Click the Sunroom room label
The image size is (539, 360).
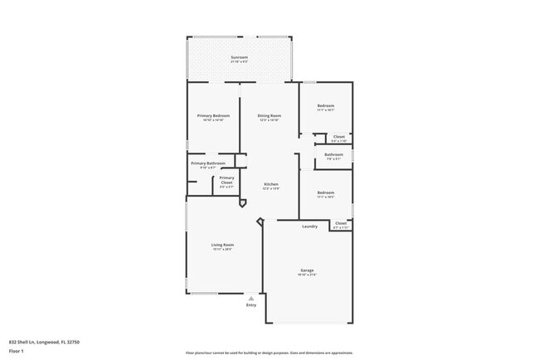239,56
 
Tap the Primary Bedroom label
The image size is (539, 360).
213,115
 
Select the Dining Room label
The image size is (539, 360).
269,115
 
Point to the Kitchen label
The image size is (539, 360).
270,184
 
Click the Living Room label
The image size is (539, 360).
222,245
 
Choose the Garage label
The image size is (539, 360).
307,270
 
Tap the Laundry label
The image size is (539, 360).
310,226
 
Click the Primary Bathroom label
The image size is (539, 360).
208,163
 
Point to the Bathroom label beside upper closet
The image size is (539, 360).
334,154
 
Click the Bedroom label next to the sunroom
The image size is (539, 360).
326,105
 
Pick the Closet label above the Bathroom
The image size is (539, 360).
338,136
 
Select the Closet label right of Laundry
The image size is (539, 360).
340,222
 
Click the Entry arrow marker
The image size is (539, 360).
251,297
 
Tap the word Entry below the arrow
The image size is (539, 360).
251,305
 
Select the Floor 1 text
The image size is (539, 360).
17,351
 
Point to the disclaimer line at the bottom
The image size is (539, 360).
269,352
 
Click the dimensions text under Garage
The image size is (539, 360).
307,275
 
